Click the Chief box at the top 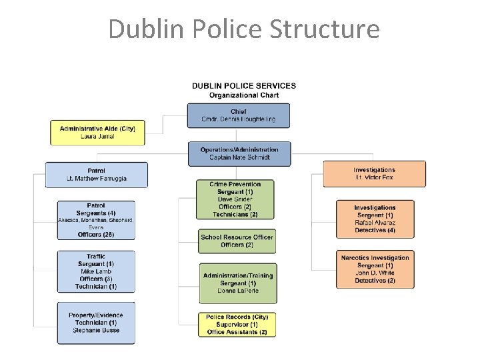[x=238, y=115]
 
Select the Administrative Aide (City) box [x=97, y=132]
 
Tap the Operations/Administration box [x=239, y=153]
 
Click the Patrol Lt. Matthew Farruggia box [x=96, y=175]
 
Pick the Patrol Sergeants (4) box [x=96, y=220]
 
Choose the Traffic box [x=96, y=271]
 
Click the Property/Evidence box [x=96, y=323]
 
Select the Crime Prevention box [x=235, y=199]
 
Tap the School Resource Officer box [x=237, y=241]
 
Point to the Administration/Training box [x=237, y=283]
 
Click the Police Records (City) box [x=237, y=325]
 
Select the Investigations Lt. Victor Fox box [x=374, y=174]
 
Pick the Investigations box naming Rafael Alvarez [x=375, y=219]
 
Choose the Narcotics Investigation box [x=375, y=269]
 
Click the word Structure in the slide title [x=325, y=29]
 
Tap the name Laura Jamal [x=97, y=137]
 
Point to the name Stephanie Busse [x=96, y=331]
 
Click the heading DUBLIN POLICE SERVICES [x=244, y=86]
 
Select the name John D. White [x=375, y=273]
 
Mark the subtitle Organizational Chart [x=244, y=95]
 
